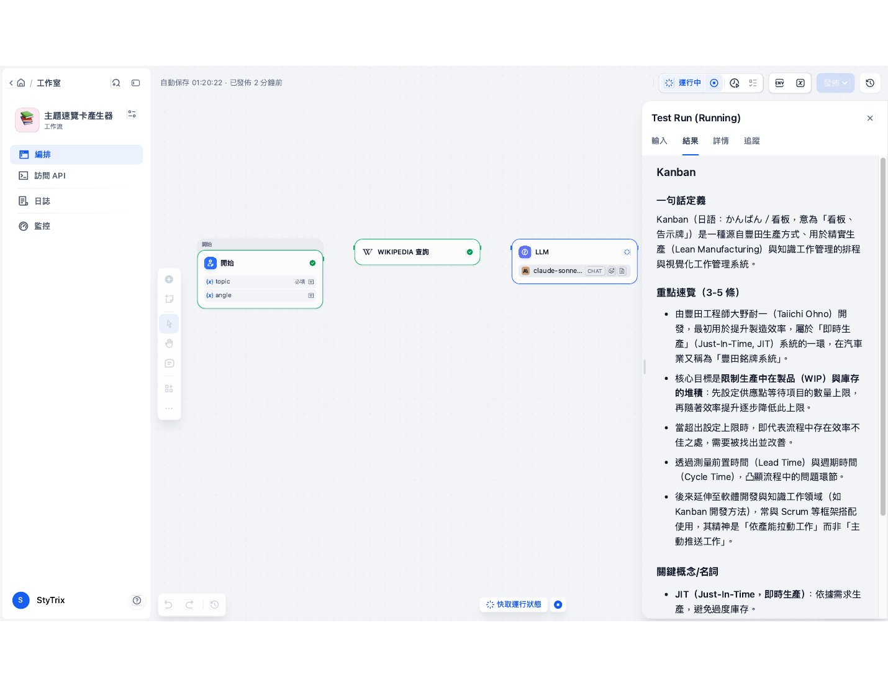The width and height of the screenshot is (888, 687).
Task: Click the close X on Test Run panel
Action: pyautogui.click(x=869, y=118)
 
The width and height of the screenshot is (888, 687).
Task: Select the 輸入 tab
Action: pyautogui.click(x=659, y=141)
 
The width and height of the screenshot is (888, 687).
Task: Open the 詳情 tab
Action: pyautogui.click(x=720, y=141)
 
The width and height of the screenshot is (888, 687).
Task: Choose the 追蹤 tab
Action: pyautogui.click(x=751, y=141)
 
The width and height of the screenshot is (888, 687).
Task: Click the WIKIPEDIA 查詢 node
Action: pyautogui.click(x=417, y=252)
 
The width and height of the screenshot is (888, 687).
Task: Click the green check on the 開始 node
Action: pyautogui.click(x=312, y=263)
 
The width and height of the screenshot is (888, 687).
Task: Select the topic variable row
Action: pyautogui.click(x=260, y=282)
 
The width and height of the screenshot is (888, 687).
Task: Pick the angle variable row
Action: pyautogui.click(x=260, y=295)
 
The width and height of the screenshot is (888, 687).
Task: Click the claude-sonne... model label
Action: pyautogui.click(x=558, y=271)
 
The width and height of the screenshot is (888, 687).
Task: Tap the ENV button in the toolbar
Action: pyautogui.click(x=779, y=83)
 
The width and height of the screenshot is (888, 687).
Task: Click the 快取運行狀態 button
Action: pyautogui.click(x=514, y=604)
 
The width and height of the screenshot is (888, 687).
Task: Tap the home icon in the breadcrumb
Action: pyautogui.click(x=21, y=83)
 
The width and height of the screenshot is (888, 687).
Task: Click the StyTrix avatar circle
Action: pyautogui.click(x=21, y=600)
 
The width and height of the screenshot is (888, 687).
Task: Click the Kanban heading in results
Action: pyautogui.click(x=676, y=172)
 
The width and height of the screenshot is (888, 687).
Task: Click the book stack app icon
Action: pyautogui.click(x=27, y=120)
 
